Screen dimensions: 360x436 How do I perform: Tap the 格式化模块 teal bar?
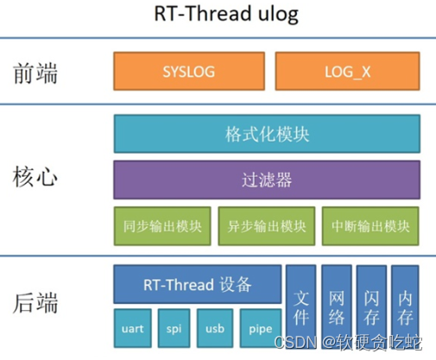click(267, 135)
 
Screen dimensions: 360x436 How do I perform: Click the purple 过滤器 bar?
click(267, 180)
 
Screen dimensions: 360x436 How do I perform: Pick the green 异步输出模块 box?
click(267, 226)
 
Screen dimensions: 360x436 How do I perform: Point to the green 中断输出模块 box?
click(371, 226)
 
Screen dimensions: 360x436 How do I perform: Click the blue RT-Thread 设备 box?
click(198, 284)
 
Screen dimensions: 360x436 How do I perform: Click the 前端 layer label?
click(36, 73)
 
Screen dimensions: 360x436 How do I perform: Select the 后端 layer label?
click(36, 303)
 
